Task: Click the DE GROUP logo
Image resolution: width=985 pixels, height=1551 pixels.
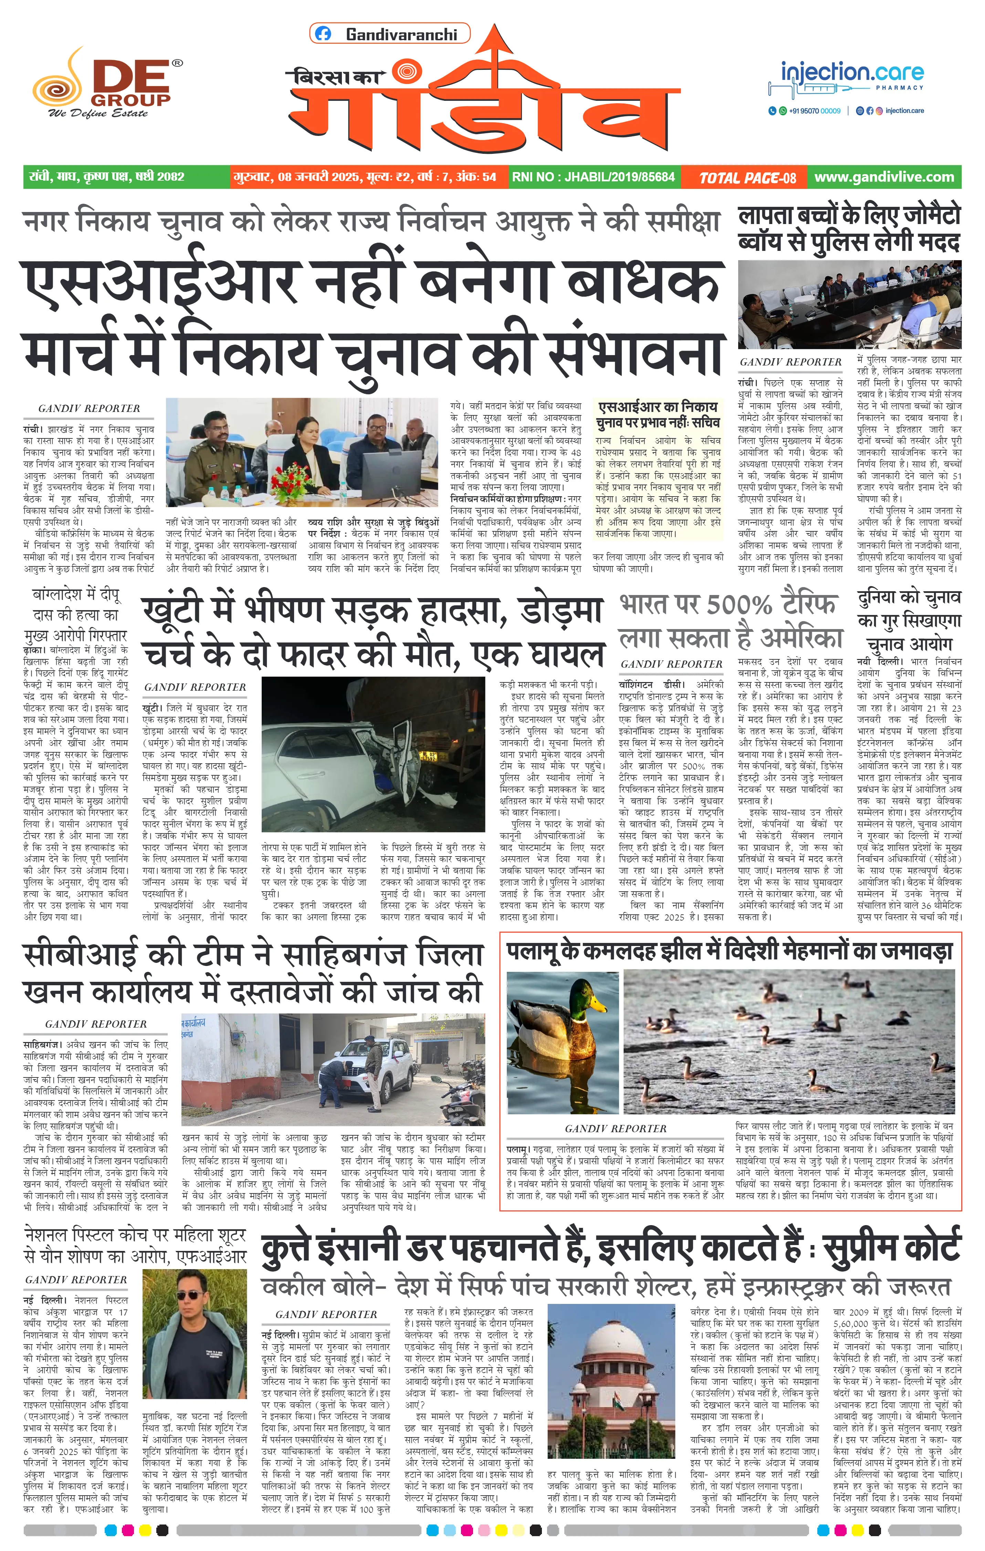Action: (106, 84)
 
